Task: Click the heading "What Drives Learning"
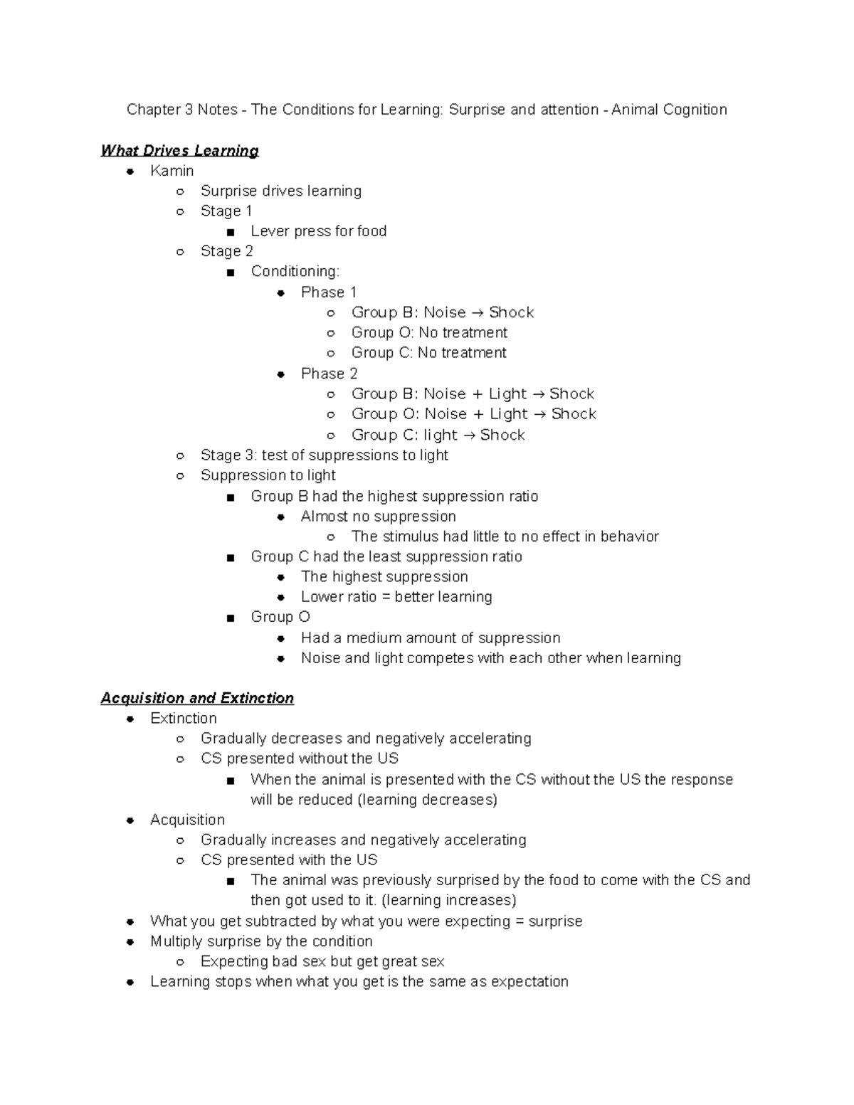[x=179, y=151]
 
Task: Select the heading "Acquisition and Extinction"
[x=197, y=699]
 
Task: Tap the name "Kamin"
[x=172, y=171]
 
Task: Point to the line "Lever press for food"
[x=318, y=231]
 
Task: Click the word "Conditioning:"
[x=295, y=272]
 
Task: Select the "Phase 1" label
[x=329, y=292]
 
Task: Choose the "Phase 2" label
[x=329, y=374]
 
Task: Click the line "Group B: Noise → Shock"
[x=442, y=312]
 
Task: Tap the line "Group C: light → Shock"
[x=438, y=435]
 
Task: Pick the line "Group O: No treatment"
[x=429, y=333]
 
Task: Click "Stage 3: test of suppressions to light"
[x=324, y=455]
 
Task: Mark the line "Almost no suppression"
[x=378, y=517]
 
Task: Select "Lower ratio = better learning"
[x=396, y=597]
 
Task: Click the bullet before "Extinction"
[x=130, y=719]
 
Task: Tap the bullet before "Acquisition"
[x=130, y=820]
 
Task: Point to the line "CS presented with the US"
[x=288, y=860]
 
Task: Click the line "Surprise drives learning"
[x=280, y=191]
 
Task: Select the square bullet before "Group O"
[x=230, y=618]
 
